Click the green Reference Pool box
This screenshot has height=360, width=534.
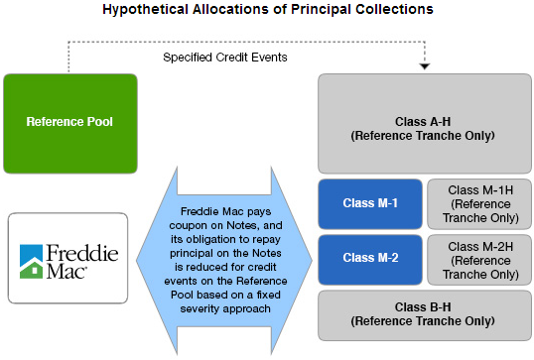(x=69, y=122)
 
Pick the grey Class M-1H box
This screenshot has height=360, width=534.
(x=479, y=204)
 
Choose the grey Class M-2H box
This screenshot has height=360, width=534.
(x=479, y=258)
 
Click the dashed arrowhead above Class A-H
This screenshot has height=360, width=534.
(x=425, y=65)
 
